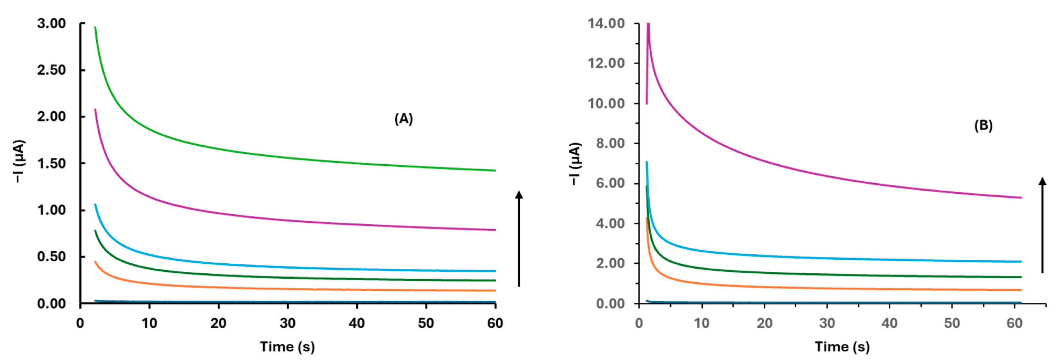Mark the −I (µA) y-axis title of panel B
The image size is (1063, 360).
click(575, 164)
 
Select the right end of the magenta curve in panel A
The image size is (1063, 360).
click(494, 229)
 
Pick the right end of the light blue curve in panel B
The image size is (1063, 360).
click(1020, 261)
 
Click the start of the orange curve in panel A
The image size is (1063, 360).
click(95, 262)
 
